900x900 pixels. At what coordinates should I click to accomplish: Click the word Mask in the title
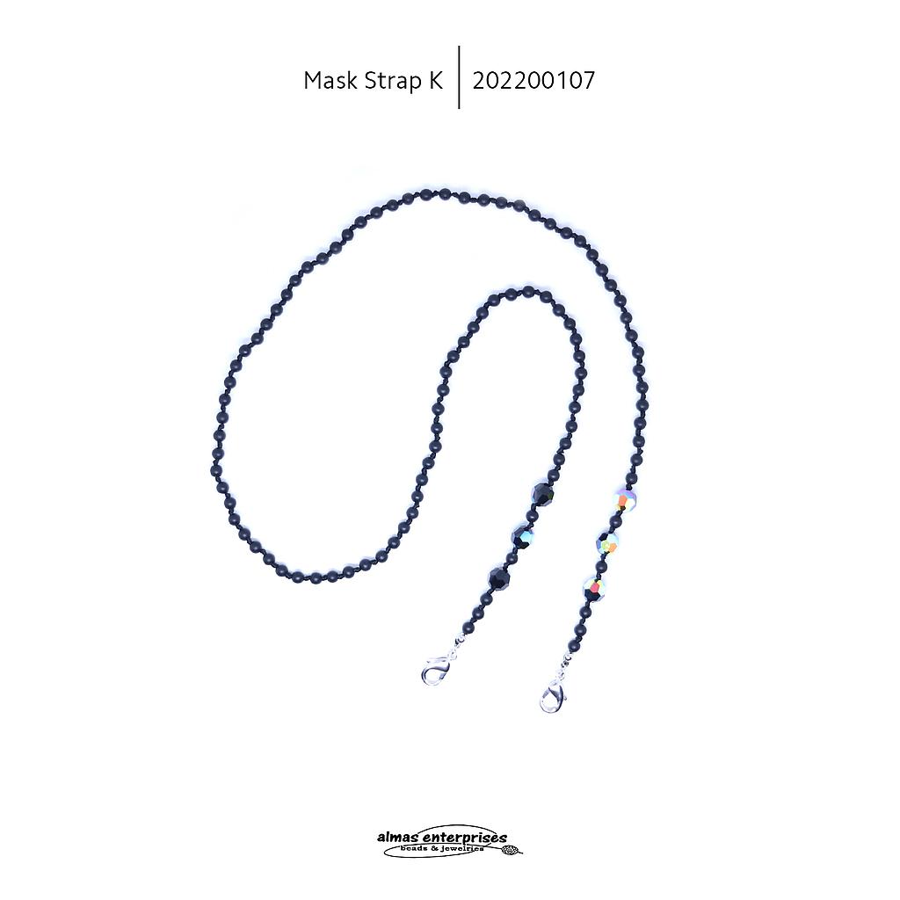(x=329, y=81)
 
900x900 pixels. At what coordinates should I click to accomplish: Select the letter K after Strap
(x=435, y=81)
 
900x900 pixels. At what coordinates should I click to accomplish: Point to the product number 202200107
(x=533, y=81)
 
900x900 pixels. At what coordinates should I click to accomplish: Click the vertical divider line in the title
(x=459, y=77)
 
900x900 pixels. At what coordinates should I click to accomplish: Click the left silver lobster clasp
(x=436, y=672)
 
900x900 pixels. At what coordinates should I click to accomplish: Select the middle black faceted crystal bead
(x=524, y=536)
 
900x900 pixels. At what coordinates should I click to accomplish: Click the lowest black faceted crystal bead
(x=500, y=578)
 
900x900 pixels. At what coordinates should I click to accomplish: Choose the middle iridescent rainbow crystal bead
(x=607, y=543)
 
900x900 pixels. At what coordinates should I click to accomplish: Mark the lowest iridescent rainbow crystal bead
(x=594, y=587)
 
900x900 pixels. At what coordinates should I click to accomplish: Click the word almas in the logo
(x=396, y=838)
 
